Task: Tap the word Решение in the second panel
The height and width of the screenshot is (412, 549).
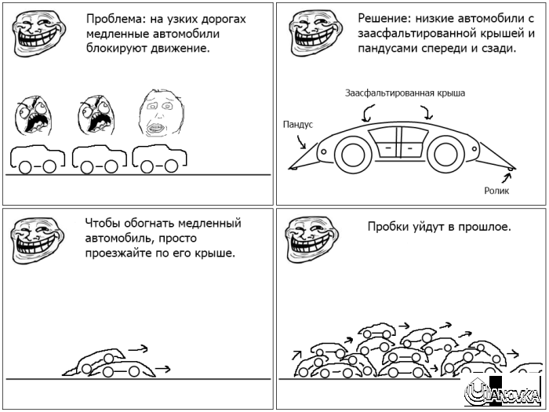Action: [382, 18]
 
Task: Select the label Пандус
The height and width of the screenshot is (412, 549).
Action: [297, 124]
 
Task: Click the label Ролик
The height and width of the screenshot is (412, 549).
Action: [496, 190]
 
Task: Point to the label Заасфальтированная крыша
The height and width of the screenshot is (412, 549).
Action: [405, 93]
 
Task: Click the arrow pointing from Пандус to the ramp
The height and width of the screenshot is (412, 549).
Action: [303, 141]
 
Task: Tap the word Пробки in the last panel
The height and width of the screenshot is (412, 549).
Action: [387, 227]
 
